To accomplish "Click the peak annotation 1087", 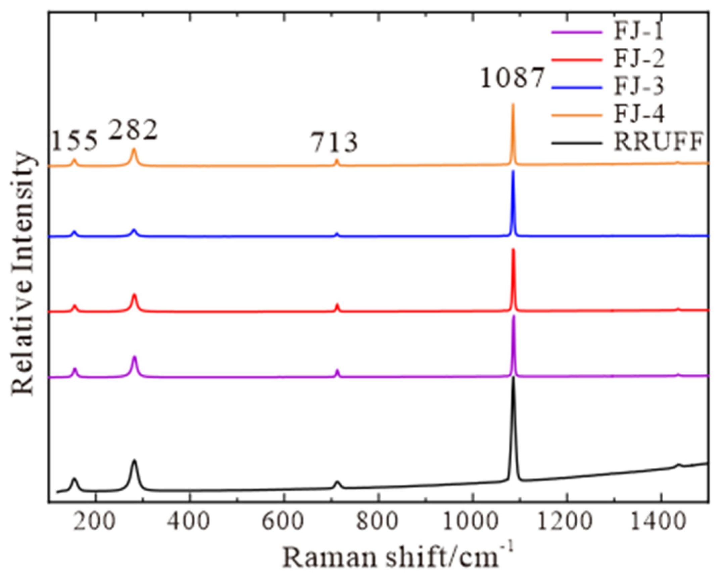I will point(512,78).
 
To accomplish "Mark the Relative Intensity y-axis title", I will point(23,274).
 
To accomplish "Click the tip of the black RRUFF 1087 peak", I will point(513,378).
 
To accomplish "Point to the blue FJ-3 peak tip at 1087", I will point(513,171).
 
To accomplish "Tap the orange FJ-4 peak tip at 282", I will point(134,149).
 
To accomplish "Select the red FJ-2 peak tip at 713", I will point(337,304).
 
